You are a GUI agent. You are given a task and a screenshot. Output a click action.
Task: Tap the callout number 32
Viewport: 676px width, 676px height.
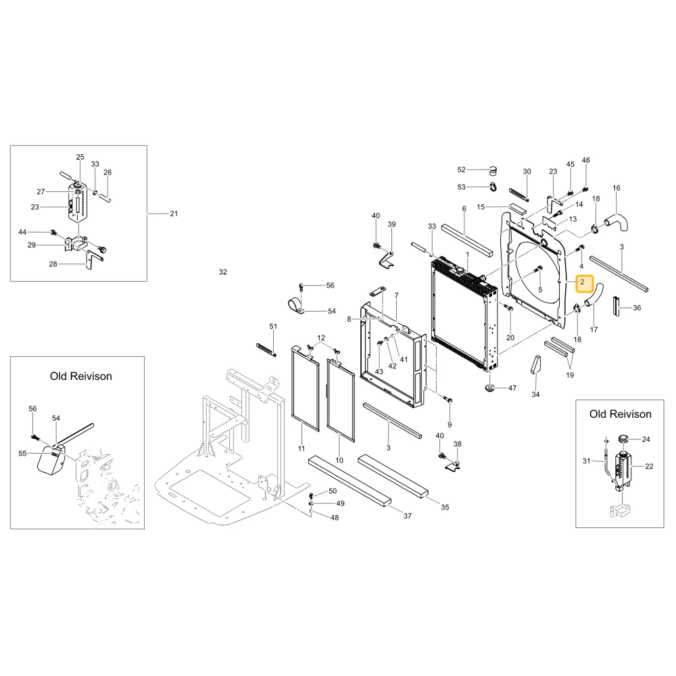[x=222, y=272]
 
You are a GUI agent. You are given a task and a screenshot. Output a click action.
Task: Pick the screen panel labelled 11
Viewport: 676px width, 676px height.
[x=306, y=387]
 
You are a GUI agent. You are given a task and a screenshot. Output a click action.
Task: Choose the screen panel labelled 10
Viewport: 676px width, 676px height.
[x=341, y=400]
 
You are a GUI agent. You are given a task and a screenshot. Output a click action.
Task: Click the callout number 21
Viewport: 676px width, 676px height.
[x=174, y=214]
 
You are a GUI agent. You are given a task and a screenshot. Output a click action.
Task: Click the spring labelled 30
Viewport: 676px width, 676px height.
[x=518, y=194]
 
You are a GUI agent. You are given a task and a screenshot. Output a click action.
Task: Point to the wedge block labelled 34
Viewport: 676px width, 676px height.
[x=535, y=365]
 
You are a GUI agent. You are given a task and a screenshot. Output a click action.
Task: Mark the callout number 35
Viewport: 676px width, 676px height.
[x=445, y=508]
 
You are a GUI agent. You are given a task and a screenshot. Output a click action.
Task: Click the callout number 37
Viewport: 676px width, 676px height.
[x=408, y=516]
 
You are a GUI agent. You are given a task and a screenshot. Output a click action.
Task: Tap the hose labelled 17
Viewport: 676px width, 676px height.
[x=594, y=295]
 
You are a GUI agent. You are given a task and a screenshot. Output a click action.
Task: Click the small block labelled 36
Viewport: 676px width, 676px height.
[x=617, y=306]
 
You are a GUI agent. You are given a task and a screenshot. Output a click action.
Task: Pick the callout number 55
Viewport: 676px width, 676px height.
[x=22, y=453]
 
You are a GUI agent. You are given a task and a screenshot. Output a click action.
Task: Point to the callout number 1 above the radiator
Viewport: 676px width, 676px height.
[x=467, y=255]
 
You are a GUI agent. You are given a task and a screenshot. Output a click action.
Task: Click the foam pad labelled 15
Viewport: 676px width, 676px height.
[x=517, y=209]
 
